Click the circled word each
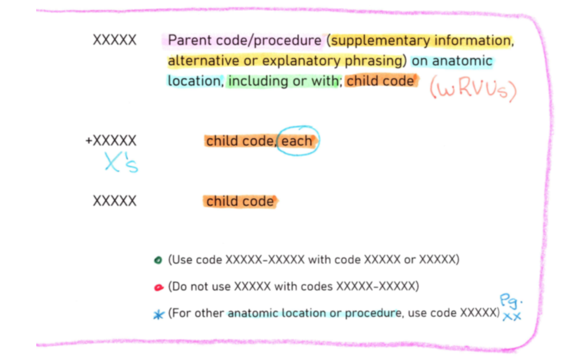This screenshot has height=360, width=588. click(x=297, y=141)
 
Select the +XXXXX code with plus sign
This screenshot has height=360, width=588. click(x=111, y=141)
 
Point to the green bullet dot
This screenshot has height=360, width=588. click(x=158, y=260)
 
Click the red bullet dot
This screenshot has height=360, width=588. click(x=159, y=287)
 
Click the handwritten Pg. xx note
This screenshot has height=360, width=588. click(x=510, y=308)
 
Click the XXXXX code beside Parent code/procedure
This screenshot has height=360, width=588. click(x=114, y=41)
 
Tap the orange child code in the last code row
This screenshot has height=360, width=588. click(x=240, y=201)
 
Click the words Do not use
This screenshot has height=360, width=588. click(x=200, y=286)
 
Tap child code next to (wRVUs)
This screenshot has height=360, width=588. click(x=380, y=81)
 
